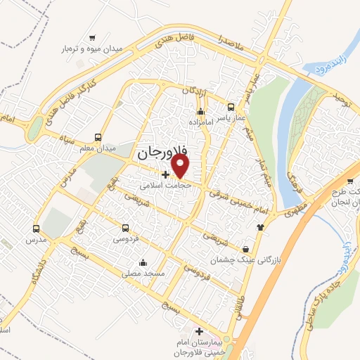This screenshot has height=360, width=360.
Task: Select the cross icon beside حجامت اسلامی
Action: [x=165, y=174]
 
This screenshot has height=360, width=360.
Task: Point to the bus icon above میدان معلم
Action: [x=98, y=137]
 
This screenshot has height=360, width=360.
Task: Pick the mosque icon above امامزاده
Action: [x=201, y=111]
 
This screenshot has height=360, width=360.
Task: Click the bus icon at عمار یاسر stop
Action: [x=231, y=108]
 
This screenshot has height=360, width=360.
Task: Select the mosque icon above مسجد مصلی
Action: [x=143, y=262]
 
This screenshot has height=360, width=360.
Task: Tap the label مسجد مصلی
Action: [x=143, y=273]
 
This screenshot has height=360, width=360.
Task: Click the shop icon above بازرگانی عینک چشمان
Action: [x=245, y=249]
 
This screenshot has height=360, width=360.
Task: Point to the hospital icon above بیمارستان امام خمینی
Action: [x=200, y=331]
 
